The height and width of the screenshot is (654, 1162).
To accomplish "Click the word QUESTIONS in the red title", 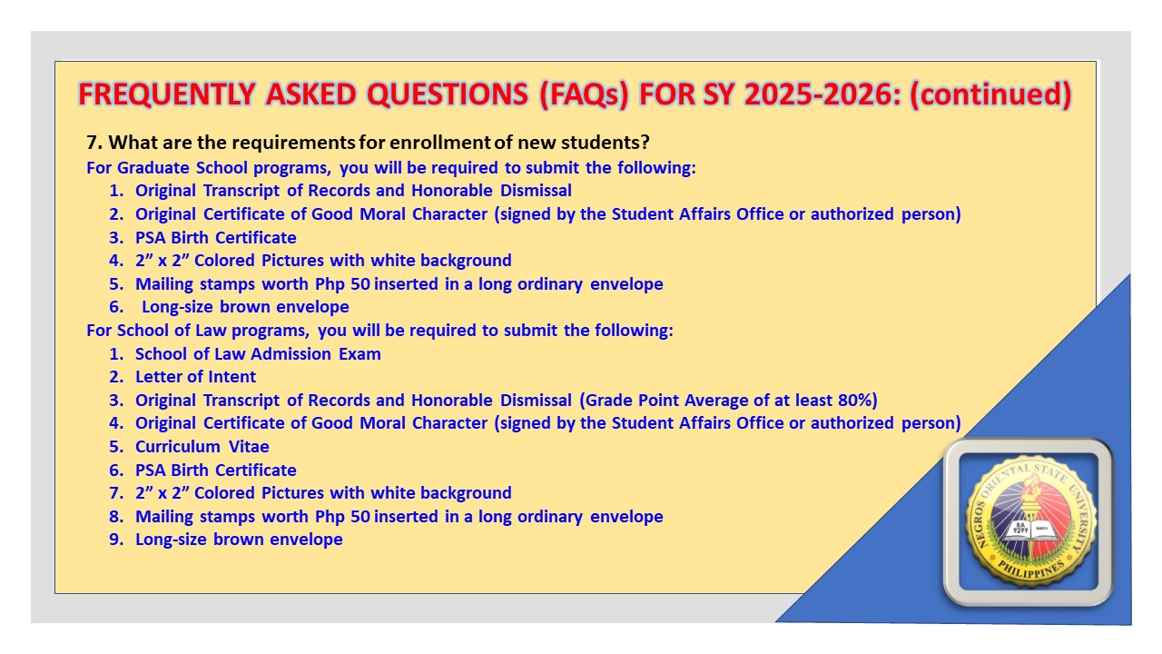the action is coord(448,94).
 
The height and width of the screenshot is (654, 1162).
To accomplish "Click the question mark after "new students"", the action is coord(645,143).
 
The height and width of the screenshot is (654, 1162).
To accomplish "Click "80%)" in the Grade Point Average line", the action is coord(858,401).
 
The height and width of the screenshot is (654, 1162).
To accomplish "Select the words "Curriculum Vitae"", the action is coord(202,446).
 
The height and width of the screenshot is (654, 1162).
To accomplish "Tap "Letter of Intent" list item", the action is coord(195,376).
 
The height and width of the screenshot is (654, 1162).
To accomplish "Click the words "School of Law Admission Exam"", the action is coord(258,353).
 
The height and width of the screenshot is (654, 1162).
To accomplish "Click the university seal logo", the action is coord(1029,521).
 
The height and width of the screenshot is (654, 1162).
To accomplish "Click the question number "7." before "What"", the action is coord(94,143).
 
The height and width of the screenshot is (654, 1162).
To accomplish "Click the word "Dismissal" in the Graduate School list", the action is coord(536,191).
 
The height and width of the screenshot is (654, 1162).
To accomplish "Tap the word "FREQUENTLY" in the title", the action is coord(166,94).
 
